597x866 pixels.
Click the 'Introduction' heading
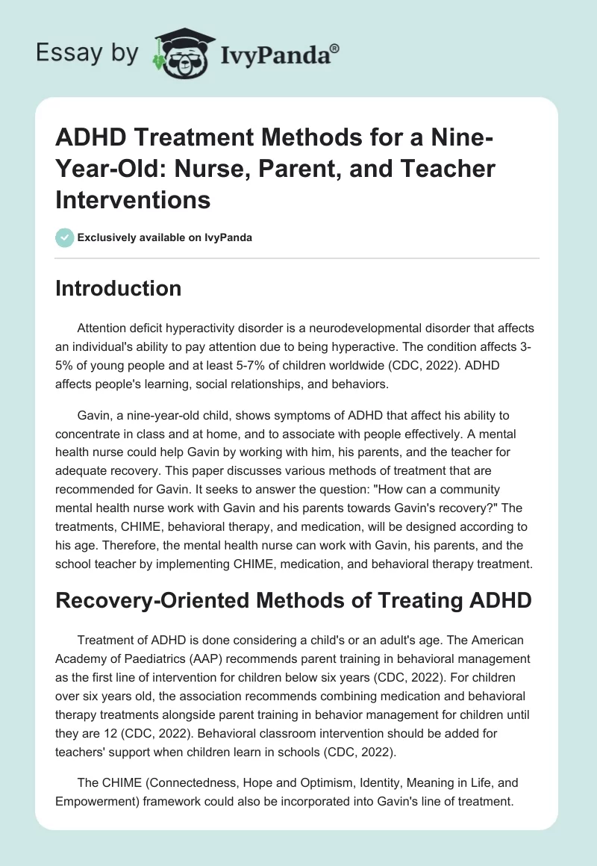[x=118, y=288]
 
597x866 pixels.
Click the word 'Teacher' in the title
[x=444, y=169]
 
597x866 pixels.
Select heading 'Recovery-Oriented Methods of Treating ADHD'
[x=293, y=599]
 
